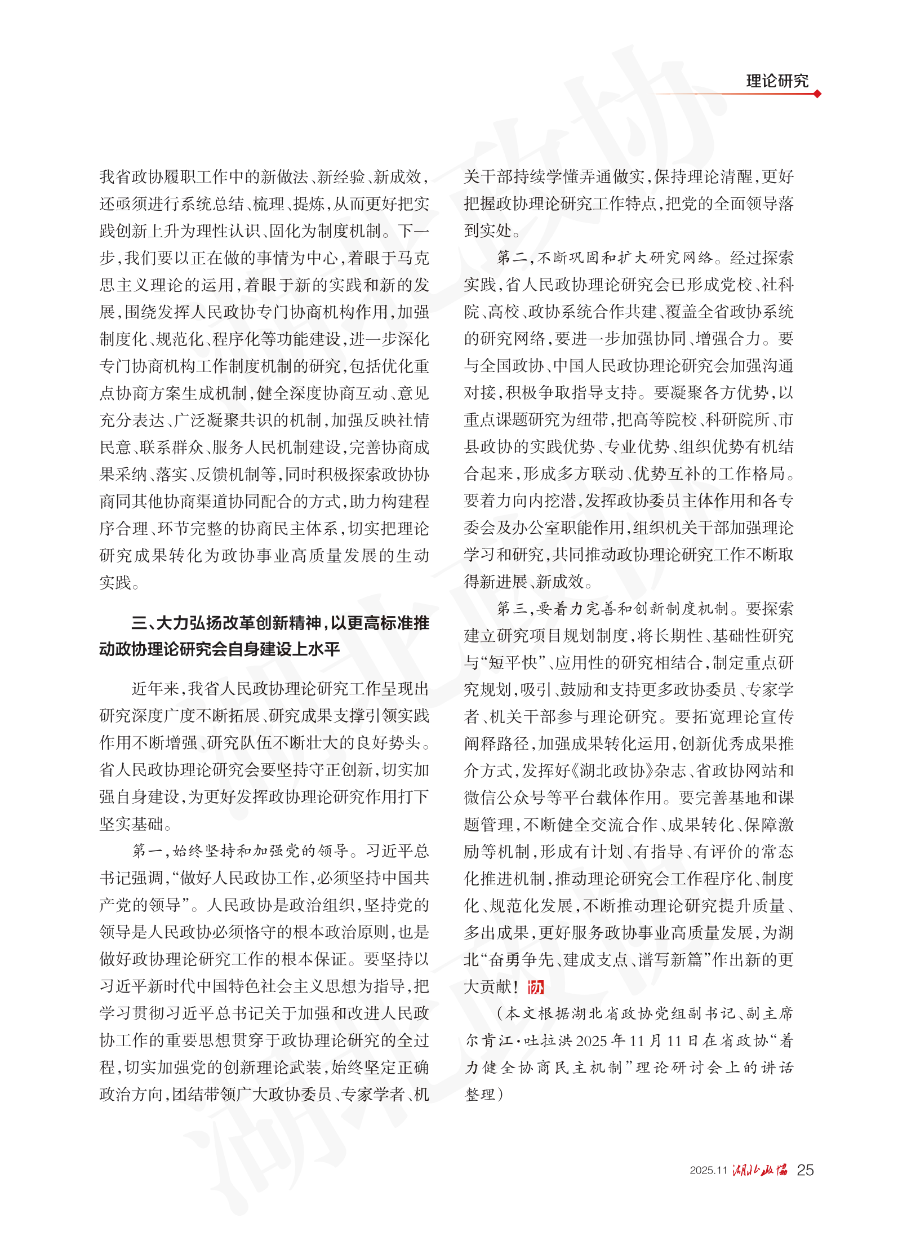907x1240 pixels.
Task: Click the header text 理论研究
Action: [777, 81]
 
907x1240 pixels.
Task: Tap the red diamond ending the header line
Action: [817, 94]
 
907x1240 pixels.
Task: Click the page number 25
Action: [805, 1170]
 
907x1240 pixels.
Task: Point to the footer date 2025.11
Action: [708, 1171]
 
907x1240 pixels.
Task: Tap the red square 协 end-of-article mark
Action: [535, 987]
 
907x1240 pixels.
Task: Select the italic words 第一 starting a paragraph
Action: [148, 851]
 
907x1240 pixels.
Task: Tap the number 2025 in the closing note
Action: [591, 1041]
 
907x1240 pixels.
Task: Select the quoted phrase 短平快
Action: [513, 663]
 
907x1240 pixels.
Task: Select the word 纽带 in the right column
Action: [592, 420]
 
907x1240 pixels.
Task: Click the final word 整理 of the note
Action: [480, 1095]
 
